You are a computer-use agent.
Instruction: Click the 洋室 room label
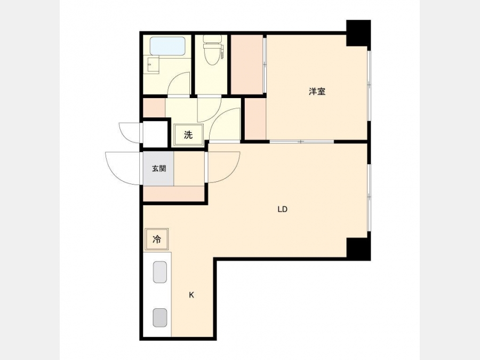317,91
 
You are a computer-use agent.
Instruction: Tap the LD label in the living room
282,210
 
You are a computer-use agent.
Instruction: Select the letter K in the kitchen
191,295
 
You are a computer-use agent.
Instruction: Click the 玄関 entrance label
159,169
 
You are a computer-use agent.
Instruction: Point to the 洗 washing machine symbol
188,135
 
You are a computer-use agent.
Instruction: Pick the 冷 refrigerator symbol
157,239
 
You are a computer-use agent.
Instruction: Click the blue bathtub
168,46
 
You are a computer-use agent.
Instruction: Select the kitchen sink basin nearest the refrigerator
159,271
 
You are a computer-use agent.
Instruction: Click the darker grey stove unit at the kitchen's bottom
160,317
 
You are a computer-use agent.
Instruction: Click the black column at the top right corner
358,33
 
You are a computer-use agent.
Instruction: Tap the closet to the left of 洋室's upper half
247,65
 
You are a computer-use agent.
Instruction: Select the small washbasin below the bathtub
153,65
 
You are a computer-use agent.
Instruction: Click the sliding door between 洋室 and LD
301,141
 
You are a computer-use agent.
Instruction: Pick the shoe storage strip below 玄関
173,194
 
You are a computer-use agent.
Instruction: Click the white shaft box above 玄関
155,134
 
